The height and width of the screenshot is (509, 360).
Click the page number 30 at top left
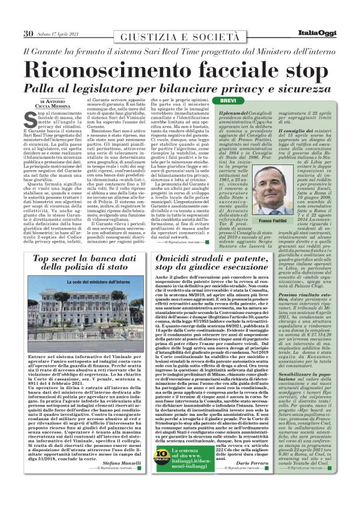click(x=28, y=33)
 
